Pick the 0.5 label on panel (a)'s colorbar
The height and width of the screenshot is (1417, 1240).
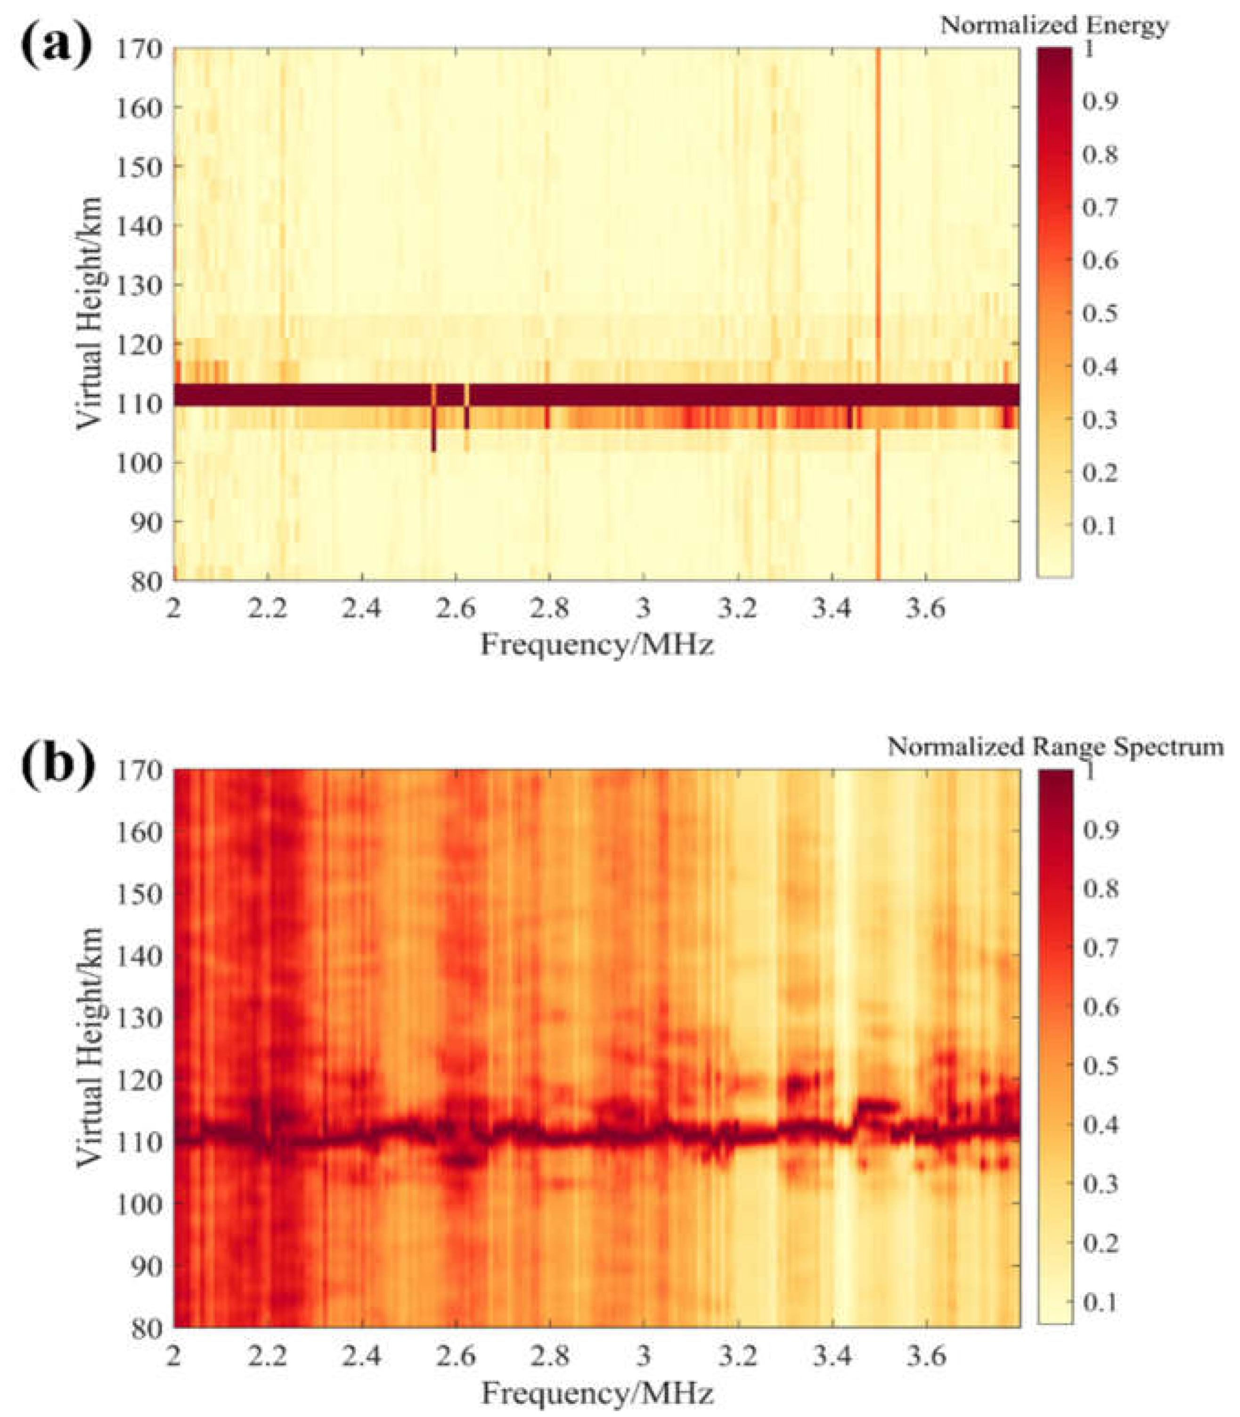1100,313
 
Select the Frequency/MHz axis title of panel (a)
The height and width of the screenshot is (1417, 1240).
596,645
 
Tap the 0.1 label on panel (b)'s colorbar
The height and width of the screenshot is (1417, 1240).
1100,1302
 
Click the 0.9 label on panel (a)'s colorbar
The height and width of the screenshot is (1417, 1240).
1100,101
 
